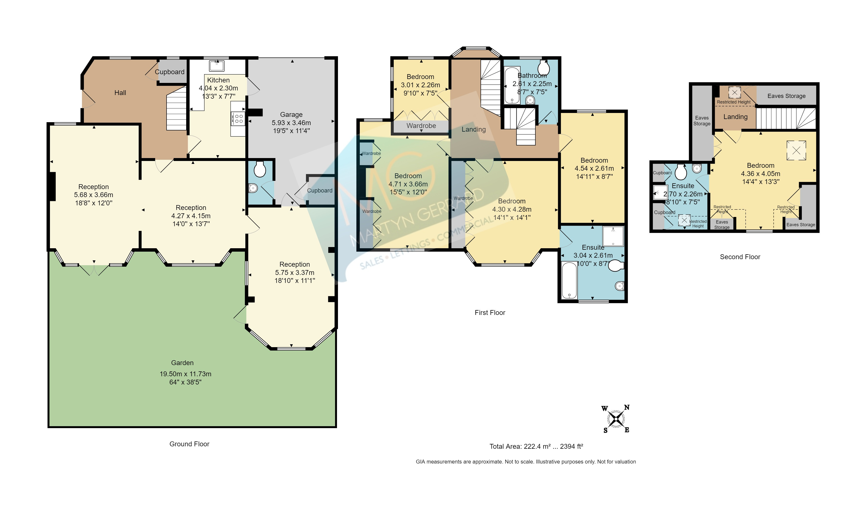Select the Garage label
[x=291, y=114]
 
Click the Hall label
[x=120, y=93]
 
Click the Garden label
[x=182, y=363]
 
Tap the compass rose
[x=616, y=419]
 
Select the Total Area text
[x=536, y=447]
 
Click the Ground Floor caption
[x=189, y=444]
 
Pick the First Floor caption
[x=490, y=312]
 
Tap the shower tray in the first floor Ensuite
[x=613, y=236]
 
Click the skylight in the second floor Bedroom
[x=796, y=151]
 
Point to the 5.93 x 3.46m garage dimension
[x=291, y=123]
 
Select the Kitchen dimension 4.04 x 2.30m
[x=218, y=88]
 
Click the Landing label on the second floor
[x=736, y=117]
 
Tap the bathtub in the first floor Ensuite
[x=569, y=280]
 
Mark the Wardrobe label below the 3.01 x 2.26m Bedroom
[x=421, y=126]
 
